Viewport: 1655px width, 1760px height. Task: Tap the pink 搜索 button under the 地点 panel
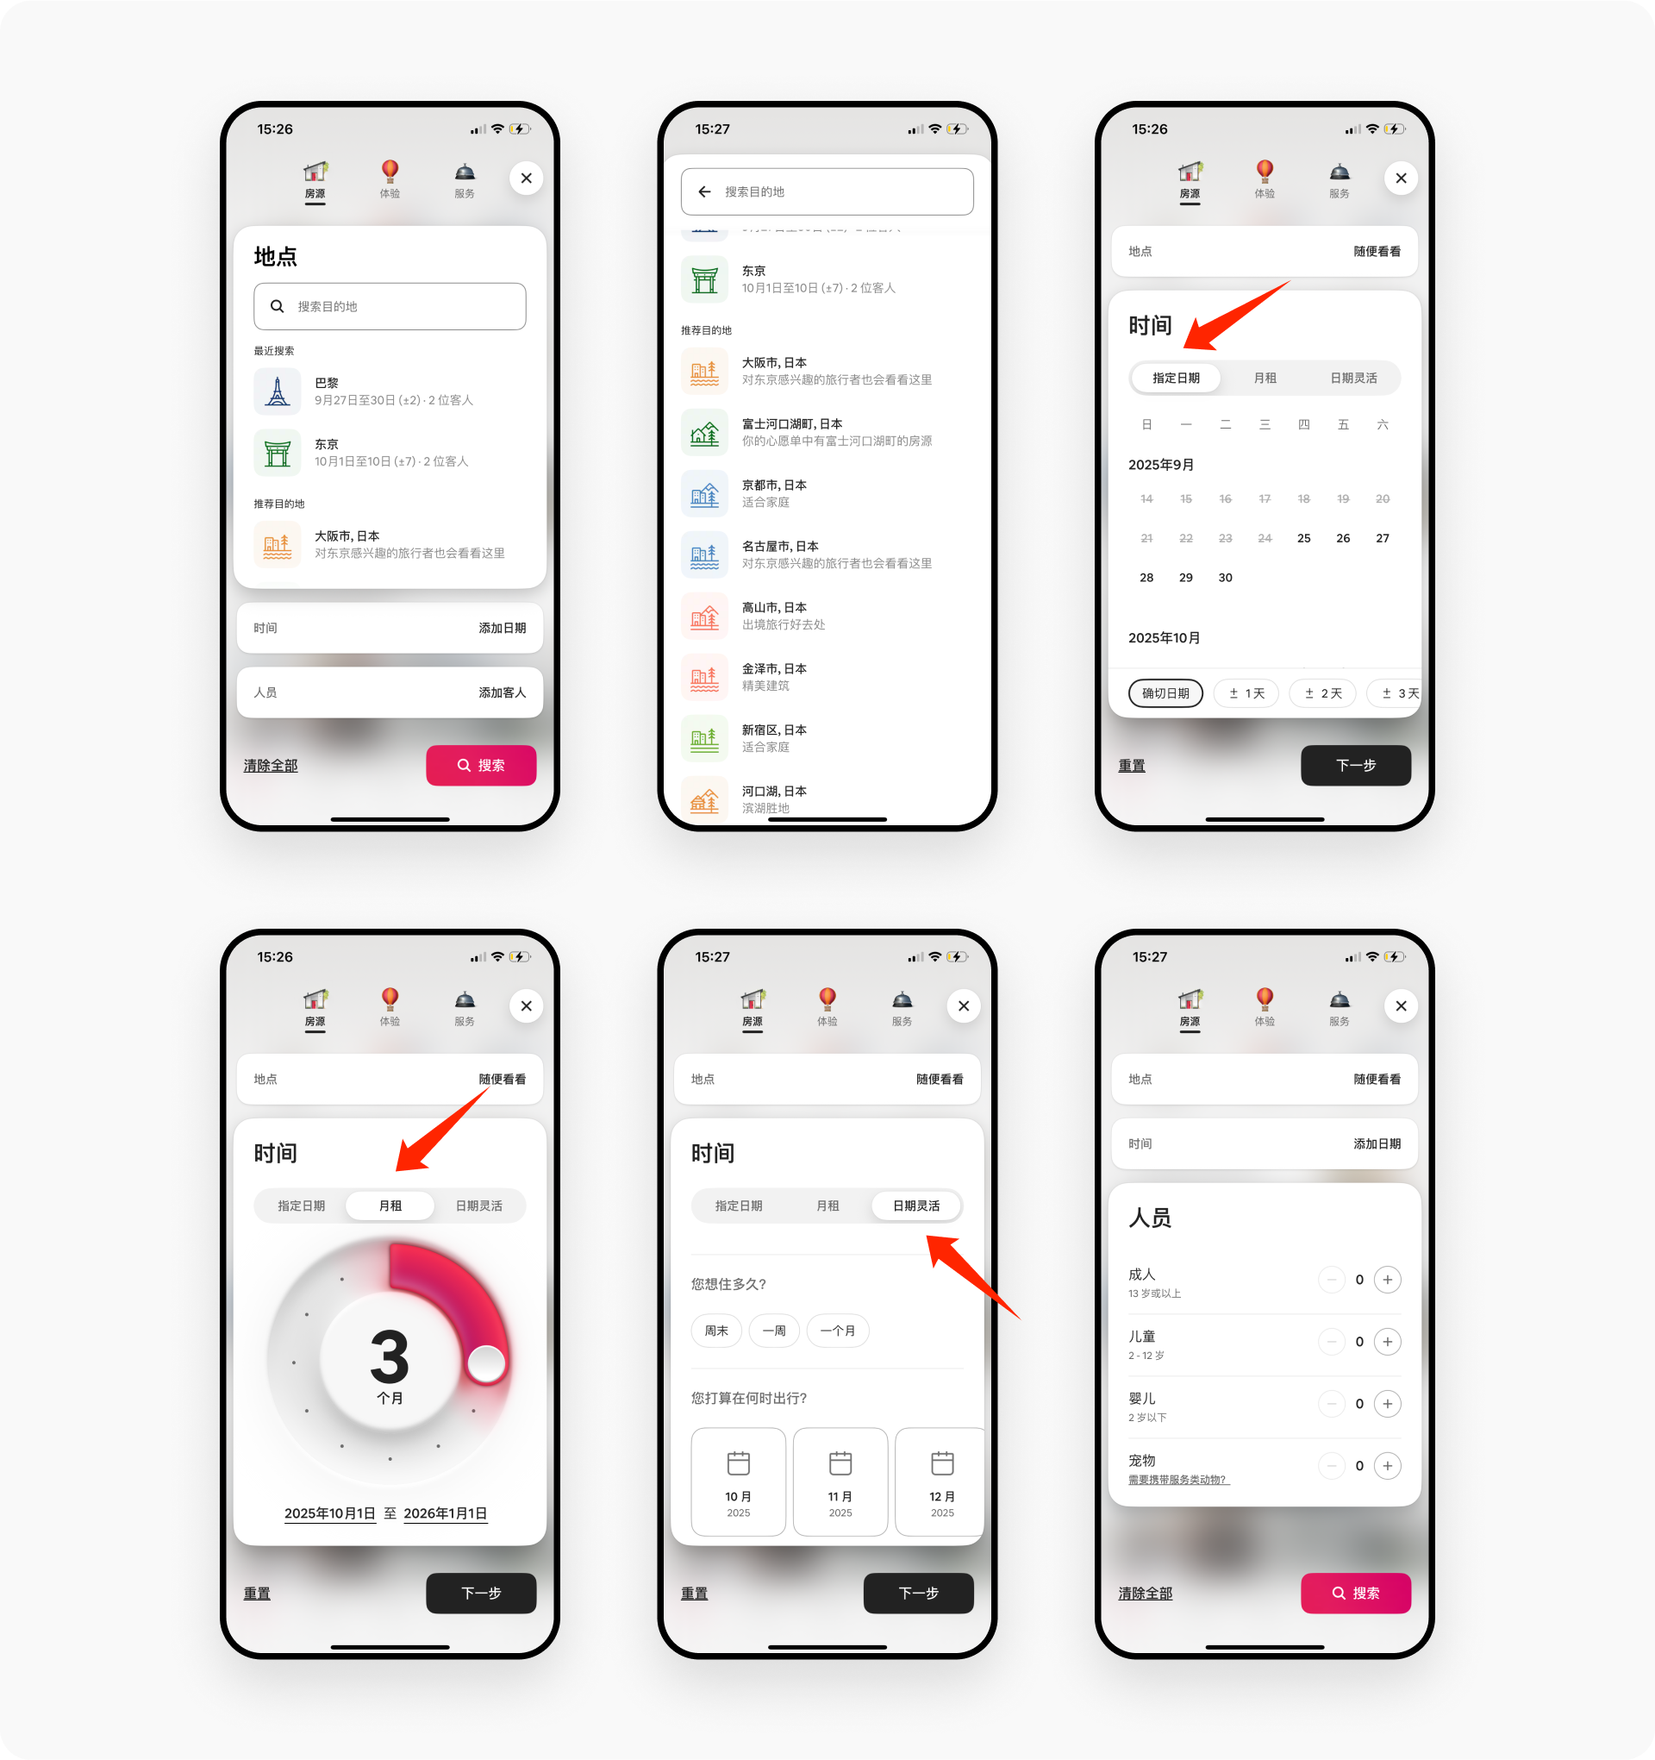481,765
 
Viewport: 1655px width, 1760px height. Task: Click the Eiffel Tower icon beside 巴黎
277,391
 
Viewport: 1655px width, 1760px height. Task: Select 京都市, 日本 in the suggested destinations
773,493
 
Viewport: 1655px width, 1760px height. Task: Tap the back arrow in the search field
704,191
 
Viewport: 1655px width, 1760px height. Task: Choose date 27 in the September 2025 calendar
1382,538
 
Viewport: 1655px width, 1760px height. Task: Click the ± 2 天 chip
1322,693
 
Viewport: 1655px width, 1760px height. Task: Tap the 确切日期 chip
1165,693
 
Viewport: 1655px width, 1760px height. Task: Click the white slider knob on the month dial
486,1363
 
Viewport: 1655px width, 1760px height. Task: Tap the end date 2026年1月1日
445,1513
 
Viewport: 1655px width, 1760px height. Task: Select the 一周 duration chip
773,1331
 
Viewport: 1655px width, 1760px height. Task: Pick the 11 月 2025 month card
840,1481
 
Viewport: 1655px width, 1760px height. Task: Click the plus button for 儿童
1387,1341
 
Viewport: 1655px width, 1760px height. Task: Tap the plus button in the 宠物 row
1387,1465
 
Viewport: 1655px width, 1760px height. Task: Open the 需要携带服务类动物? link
1178,1480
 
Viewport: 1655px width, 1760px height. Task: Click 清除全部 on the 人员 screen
1146,1593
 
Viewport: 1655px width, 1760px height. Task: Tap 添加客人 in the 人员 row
502,692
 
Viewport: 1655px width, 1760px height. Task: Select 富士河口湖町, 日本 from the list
791,432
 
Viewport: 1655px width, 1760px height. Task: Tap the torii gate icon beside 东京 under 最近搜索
277,453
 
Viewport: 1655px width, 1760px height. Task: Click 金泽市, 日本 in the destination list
773,676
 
